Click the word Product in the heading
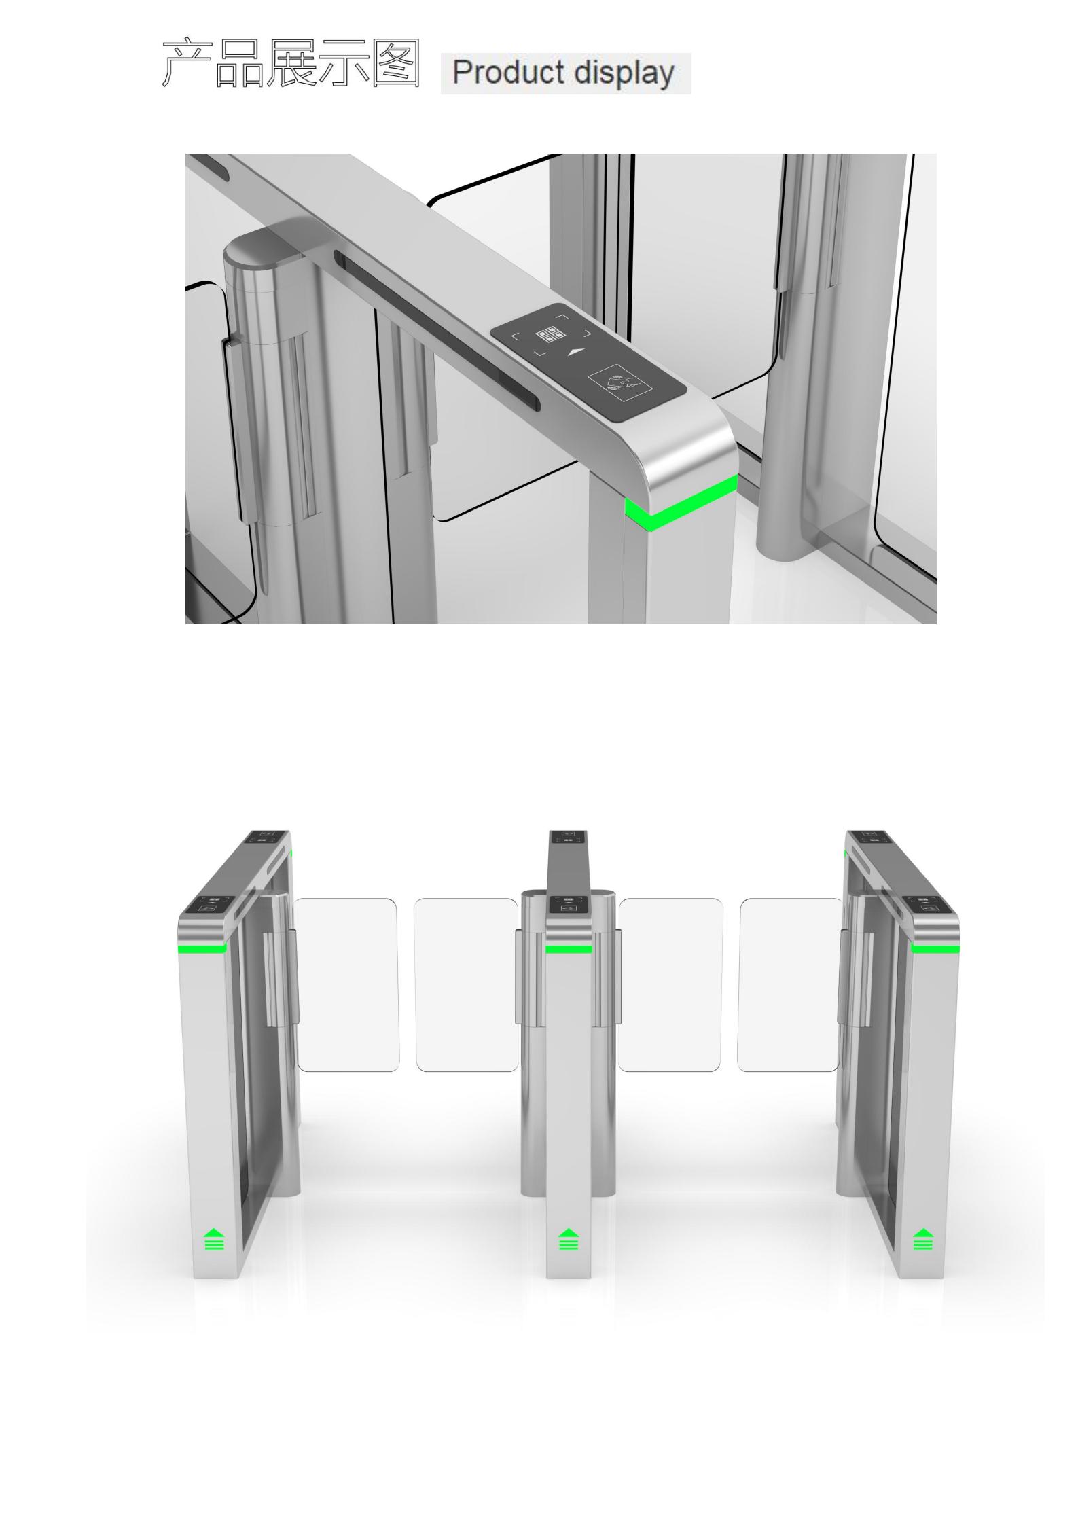[508, 72]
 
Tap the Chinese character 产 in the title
[187, 63]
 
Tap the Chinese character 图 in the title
[396, 63]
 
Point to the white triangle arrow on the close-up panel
[575, 352]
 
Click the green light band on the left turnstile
[202, 948]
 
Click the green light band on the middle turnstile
[569, 949]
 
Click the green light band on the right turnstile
[935, 948]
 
